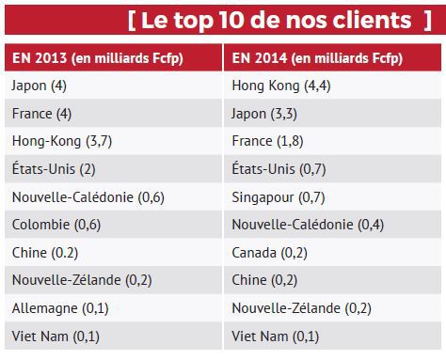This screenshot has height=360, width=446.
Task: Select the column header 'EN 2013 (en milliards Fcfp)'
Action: (x=98, y=57)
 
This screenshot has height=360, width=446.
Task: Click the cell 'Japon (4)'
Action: (x=39, y=86)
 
